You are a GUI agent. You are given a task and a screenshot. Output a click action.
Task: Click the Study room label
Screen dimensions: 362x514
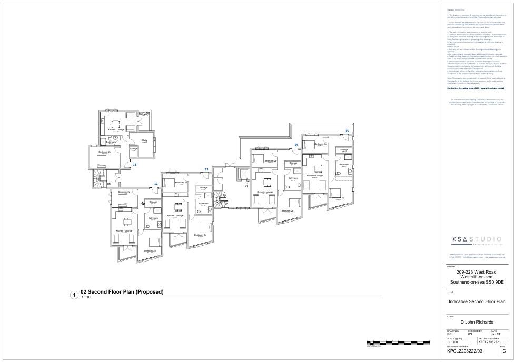[x=144, y=140]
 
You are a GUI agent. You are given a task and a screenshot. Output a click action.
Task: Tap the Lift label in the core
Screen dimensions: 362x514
[x=245, y=186]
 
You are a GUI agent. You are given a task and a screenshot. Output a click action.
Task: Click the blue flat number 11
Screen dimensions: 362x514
[x=134, y=165]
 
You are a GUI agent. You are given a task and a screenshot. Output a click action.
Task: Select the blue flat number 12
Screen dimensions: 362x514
[x=156, y=184]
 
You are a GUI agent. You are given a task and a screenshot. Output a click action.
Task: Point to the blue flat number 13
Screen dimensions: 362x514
[x=206, y=169]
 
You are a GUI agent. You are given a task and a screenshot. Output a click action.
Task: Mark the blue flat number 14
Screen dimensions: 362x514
[x=296, y=144]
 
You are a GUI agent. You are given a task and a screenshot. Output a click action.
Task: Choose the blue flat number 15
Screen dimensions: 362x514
[x=347, y=130]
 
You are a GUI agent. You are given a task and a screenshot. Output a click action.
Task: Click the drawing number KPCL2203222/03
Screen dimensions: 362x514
[x=464, y=350]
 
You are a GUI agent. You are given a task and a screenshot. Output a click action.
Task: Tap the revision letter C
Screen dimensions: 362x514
[x=504, y=350]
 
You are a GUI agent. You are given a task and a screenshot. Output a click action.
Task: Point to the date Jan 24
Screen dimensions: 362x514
[x=495, y=334]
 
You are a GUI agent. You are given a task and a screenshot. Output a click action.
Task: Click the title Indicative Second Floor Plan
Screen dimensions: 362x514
[x=477, y=302]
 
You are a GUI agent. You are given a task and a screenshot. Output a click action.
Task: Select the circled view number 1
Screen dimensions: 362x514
[x=74, y=295]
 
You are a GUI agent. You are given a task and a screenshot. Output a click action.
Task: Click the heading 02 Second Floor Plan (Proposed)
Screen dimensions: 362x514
[x=122, y=291]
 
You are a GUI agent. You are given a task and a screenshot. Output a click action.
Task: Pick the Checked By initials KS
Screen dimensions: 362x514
[x=470, y=334]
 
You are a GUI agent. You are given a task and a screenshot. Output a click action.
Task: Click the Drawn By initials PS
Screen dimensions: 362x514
[x=449, y=334]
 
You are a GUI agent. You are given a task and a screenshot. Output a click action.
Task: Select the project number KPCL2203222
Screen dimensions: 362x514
[x=488, y=342]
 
